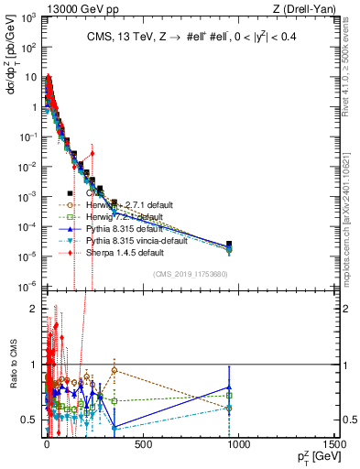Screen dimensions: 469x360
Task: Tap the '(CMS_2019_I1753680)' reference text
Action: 189,274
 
